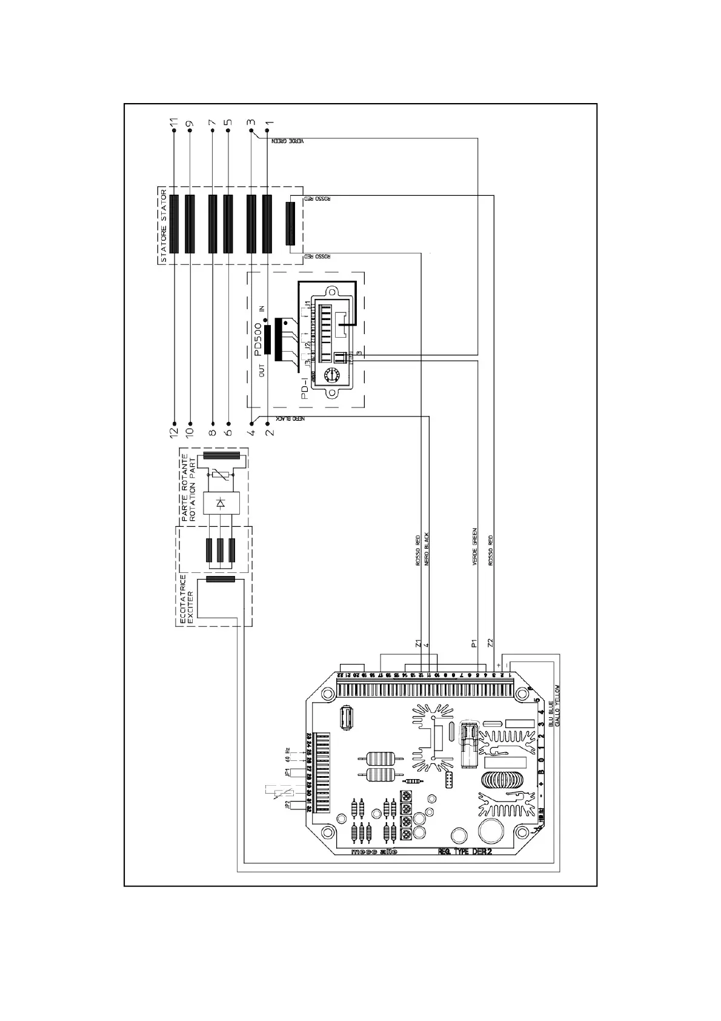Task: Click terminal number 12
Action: click(x=174, y=432)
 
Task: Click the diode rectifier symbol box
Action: click(x=221, y=503)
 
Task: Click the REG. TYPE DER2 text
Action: click(x=465, y=851)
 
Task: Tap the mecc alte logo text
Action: click(x=374, y=851)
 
